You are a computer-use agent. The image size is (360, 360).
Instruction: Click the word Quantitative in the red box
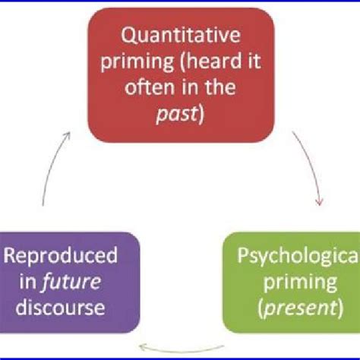click(x=178, y=36)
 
